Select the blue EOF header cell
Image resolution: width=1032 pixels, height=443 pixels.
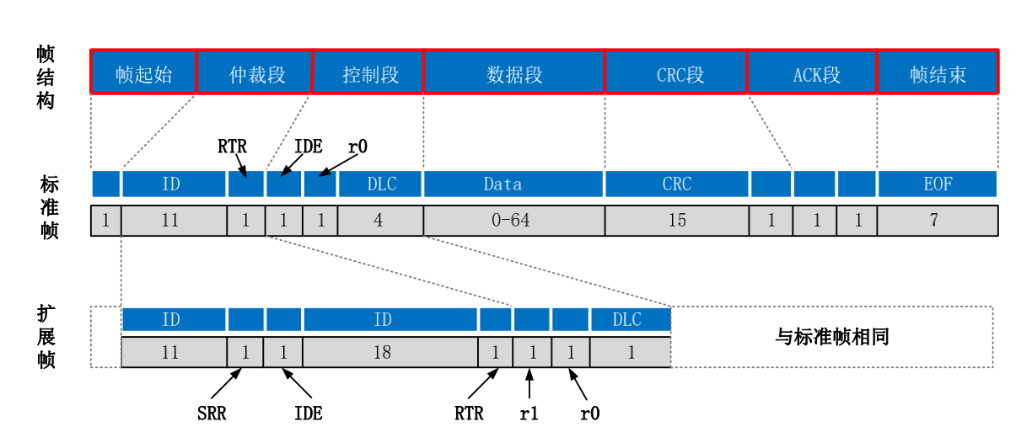click(x=938, y=184)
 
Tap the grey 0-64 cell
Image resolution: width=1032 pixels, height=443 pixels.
click(x=513, y=221)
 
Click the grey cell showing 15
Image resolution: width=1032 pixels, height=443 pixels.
click(x=676, y=221)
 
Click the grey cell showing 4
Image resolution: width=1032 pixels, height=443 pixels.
click(x=379, y=221)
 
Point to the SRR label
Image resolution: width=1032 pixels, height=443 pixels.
click(x=211, y=414)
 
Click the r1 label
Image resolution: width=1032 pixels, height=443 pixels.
click(x=529, y=414)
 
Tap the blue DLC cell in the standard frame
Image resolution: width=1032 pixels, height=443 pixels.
click(x=380, y=184)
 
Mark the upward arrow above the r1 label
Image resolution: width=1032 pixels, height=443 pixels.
click(x=529, y=385)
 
